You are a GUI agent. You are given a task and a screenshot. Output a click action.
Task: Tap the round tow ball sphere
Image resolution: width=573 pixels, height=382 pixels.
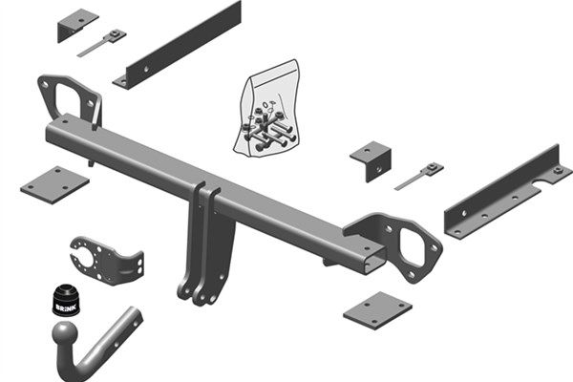68,335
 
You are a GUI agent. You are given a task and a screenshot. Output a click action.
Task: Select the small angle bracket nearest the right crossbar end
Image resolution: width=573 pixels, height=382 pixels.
371,157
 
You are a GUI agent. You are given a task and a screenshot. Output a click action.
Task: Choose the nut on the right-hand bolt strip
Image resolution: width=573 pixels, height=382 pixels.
435,169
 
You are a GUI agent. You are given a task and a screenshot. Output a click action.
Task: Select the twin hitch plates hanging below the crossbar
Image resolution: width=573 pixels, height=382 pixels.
203,248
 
